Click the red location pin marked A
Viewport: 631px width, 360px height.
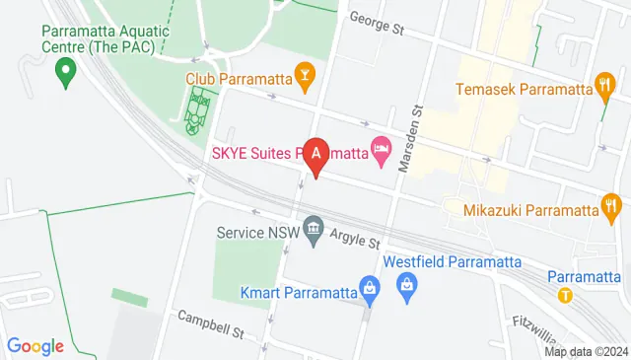click(315, 156)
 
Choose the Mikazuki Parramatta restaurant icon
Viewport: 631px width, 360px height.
click(611, 209)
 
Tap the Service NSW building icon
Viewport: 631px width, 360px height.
click(314, 233)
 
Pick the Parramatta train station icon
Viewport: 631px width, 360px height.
click(565, 295)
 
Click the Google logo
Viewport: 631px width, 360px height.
click(35, 346)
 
